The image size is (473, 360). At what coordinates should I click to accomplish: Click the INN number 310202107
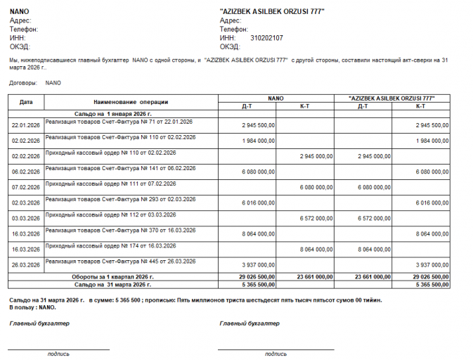(266, 38)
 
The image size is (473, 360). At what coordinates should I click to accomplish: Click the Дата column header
(26, 102)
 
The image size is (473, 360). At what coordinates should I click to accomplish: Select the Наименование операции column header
(130, 102)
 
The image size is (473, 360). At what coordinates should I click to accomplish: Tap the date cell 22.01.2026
(26, 125)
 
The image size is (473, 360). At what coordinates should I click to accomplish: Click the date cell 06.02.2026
(26, 172)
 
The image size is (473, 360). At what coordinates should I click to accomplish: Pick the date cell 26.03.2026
(26, 265)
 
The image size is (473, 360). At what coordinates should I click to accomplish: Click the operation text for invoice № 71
(119, 122)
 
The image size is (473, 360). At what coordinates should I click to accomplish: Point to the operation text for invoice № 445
(120, 261)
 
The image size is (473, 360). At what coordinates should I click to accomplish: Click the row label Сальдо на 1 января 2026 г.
(113, 112)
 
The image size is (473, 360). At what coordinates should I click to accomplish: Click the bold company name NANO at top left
(19, 12)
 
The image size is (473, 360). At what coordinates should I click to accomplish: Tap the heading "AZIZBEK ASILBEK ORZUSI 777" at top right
(272, 12)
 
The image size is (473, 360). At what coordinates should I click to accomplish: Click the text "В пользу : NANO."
(32, 308)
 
